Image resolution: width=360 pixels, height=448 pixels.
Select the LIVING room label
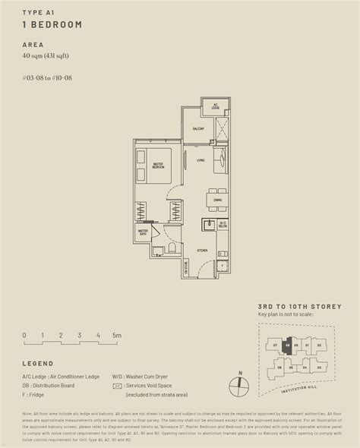(x=200, y=160)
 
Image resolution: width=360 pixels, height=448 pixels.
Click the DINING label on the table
(x=217, y=199)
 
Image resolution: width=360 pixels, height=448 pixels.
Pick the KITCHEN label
(x=202, y=251)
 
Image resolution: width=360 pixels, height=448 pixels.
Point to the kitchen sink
(x=207, y=225)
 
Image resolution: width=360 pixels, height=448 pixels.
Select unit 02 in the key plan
(x=318, y=346)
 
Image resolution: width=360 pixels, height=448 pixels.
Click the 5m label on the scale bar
(x=117, y=335)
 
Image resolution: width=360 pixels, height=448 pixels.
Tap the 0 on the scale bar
(x=24, y=335)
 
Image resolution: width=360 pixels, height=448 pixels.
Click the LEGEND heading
(x=38, y=363)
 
